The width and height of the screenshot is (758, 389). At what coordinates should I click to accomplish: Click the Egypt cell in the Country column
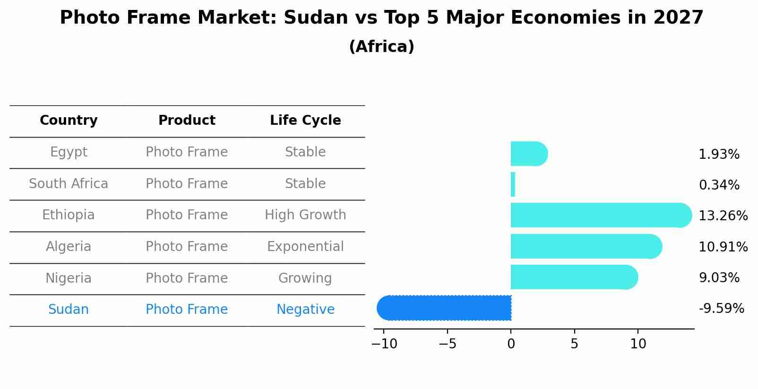(x=69, y=152)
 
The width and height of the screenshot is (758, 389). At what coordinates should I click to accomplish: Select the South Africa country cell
(x=69, y=184)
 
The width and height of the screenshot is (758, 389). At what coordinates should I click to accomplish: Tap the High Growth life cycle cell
(x=305, y=215)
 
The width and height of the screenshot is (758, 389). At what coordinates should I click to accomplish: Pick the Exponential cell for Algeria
(x=305, y=247)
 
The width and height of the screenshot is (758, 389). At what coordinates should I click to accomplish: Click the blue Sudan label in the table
(x=69, y=310)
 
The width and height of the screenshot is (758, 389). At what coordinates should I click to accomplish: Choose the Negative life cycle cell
(x=305, y=310)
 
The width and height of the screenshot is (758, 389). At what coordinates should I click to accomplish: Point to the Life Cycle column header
(x=305, y=121)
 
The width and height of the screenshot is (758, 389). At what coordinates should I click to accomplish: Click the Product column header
(x=187, y=121)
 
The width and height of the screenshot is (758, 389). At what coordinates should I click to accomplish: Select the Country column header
(x=69, y=121)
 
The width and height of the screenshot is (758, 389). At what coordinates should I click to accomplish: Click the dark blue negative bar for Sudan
(x=444, y=308)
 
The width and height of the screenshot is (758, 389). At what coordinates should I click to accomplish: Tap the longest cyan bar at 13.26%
(x=600, y=216)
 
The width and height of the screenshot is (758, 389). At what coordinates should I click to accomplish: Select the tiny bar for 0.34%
(x=513, y=184)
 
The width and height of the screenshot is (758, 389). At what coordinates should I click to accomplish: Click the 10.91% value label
(x=723, y=247)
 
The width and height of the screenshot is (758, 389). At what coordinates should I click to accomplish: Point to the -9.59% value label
(x=721, y=309)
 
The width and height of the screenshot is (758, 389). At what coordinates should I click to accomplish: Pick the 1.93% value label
(x=719, y=155)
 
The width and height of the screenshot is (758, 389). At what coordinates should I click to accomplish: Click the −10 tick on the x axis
(x=384, y=344)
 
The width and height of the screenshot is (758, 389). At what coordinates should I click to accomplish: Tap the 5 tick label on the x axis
(x=574, y=344)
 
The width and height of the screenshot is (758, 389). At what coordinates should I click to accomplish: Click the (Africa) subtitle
(x=381, y=47)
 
